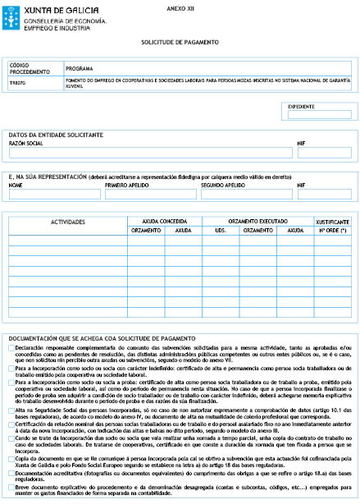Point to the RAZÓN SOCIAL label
[26, 142]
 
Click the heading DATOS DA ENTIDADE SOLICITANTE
[56, 134]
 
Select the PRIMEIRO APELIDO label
[128, 186]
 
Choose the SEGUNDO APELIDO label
[224, 186]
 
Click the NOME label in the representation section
[16, 186]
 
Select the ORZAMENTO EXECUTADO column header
[254, 222]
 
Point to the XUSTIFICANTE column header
[332, 222]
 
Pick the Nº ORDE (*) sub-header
[332, 231]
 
